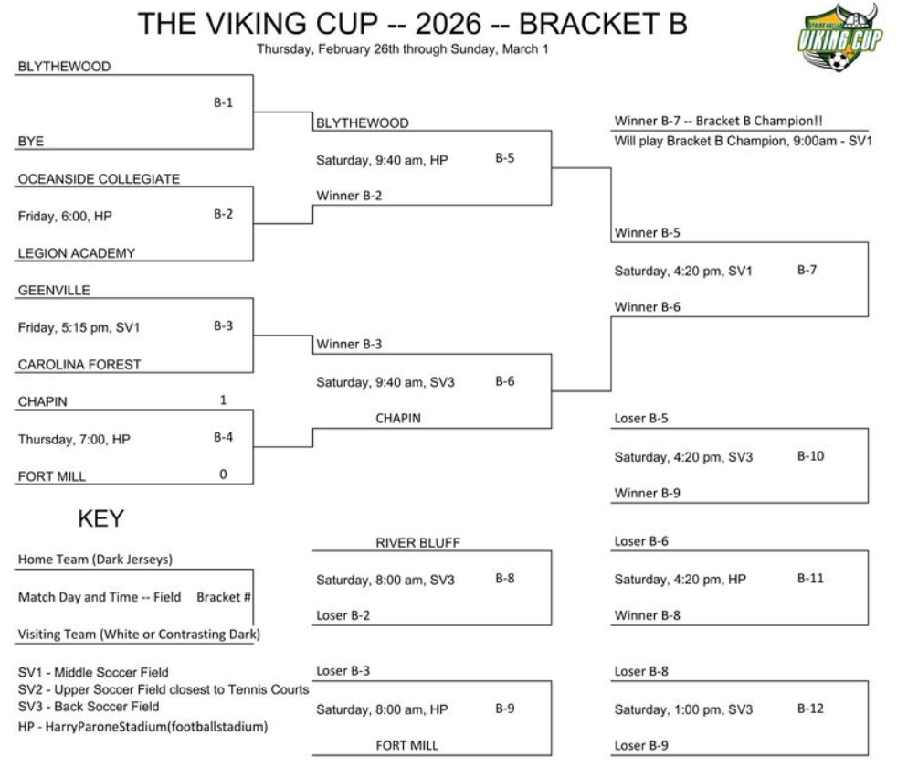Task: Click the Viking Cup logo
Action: (839, 37)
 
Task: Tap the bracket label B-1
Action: (223, 102)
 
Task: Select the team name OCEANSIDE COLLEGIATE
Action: (99, 178)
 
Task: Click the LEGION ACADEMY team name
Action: (77, 253)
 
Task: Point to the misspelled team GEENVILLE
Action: (54, 291)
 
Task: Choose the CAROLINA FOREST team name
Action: (79, 364)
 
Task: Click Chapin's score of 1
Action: (223, 400)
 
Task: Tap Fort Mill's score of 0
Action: (223, 475)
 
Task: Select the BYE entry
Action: (31, 142)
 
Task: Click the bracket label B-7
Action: (807, 270)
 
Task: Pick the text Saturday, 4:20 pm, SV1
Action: (683, 271)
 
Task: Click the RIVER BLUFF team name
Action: (417, 542)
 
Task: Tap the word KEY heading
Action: (100, 518)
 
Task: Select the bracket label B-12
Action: (810, 709)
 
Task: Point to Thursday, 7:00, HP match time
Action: (74, 439)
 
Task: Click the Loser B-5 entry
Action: (641, 418)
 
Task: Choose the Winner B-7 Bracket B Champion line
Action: (719, 121)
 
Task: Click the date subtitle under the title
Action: (403, 49)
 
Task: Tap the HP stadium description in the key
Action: (143, 727)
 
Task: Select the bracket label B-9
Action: (505, 709)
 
